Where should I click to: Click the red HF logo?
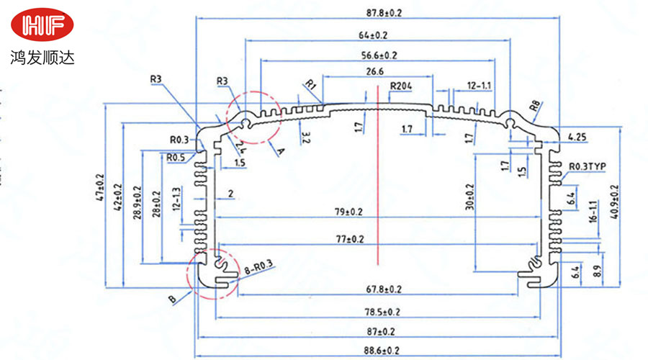pos(42,27)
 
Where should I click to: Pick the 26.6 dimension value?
pos(374,71)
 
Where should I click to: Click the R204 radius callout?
pos(401,86)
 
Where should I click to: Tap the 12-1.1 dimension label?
pos(480,86)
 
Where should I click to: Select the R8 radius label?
pos(535,109)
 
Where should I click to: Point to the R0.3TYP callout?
pos(588,166)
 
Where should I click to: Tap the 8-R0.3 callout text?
pos(258,268)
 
